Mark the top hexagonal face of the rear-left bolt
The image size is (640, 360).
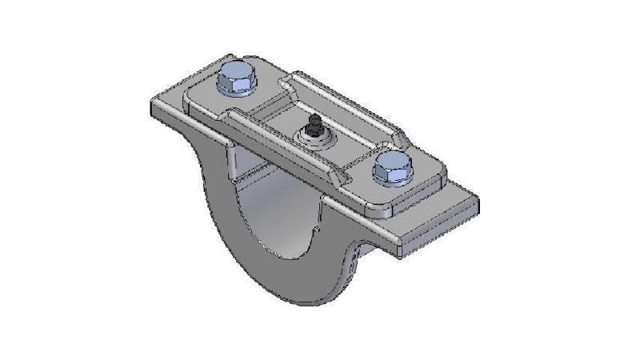coord(236,75)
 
